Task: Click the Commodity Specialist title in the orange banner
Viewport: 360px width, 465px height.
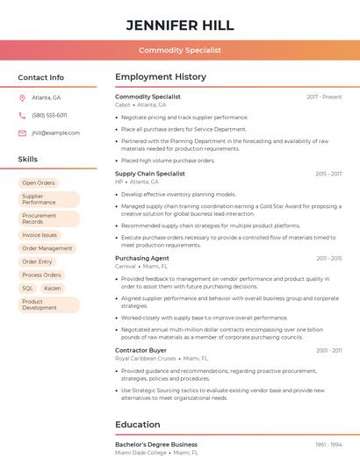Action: click(180, 51)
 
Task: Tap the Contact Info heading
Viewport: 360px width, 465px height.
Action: click(41, 77)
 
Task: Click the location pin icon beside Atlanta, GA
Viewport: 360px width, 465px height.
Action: click(22, 97)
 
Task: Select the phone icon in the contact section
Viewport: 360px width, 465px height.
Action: click(22, 115)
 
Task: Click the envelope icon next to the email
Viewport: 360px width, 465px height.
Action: click(22, 132)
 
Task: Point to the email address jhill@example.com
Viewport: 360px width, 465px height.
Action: click(55, 132)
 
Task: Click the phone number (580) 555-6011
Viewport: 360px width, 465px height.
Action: click(49, 115)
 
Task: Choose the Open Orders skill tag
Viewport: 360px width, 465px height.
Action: click(39, 182)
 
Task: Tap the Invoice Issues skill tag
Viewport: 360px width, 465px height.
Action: click(40, 235)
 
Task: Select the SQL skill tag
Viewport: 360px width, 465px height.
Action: click(27, 288)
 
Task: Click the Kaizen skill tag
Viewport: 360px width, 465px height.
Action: click(53, 288)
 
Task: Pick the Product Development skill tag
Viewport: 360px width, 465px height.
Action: click(40, 304)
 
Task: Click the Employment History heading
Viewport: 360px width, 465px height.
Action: click(161, 77)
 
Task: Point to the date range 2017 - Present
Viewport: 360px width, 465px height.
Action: click(324, 97)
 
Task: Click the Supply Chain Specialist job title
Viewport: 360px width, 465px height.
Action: click(150, 174)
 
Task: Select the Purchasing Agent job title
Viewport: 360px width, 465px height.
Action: click(142, 258)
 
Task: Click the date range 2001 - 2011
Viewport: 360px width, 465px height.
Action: click(329, 350)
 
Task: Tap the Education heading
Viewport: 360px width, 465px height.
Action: click(138, 425)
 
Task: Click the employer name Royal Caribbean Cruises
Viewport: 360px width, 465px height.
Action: click(146, 358)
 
